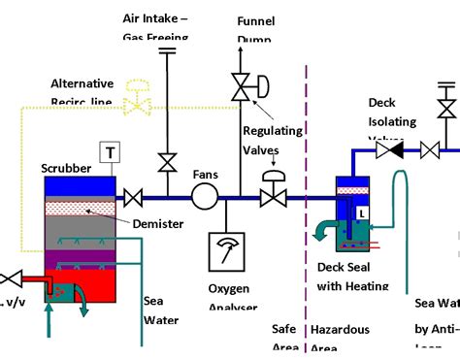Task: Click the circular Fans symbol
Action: click(x=205, y=197)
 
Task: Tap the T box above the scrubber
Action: click(x=109, y=152)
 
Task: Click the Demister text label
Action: click(x=157, y=224)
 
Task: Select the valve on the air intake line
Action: click(x=167, y=159)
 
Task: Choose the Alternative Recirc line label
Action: click(x=82, y=92)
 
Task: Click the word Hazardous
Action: click(x=340, y=330)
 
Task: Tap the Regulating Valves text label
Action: click(x=273, y=140)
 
